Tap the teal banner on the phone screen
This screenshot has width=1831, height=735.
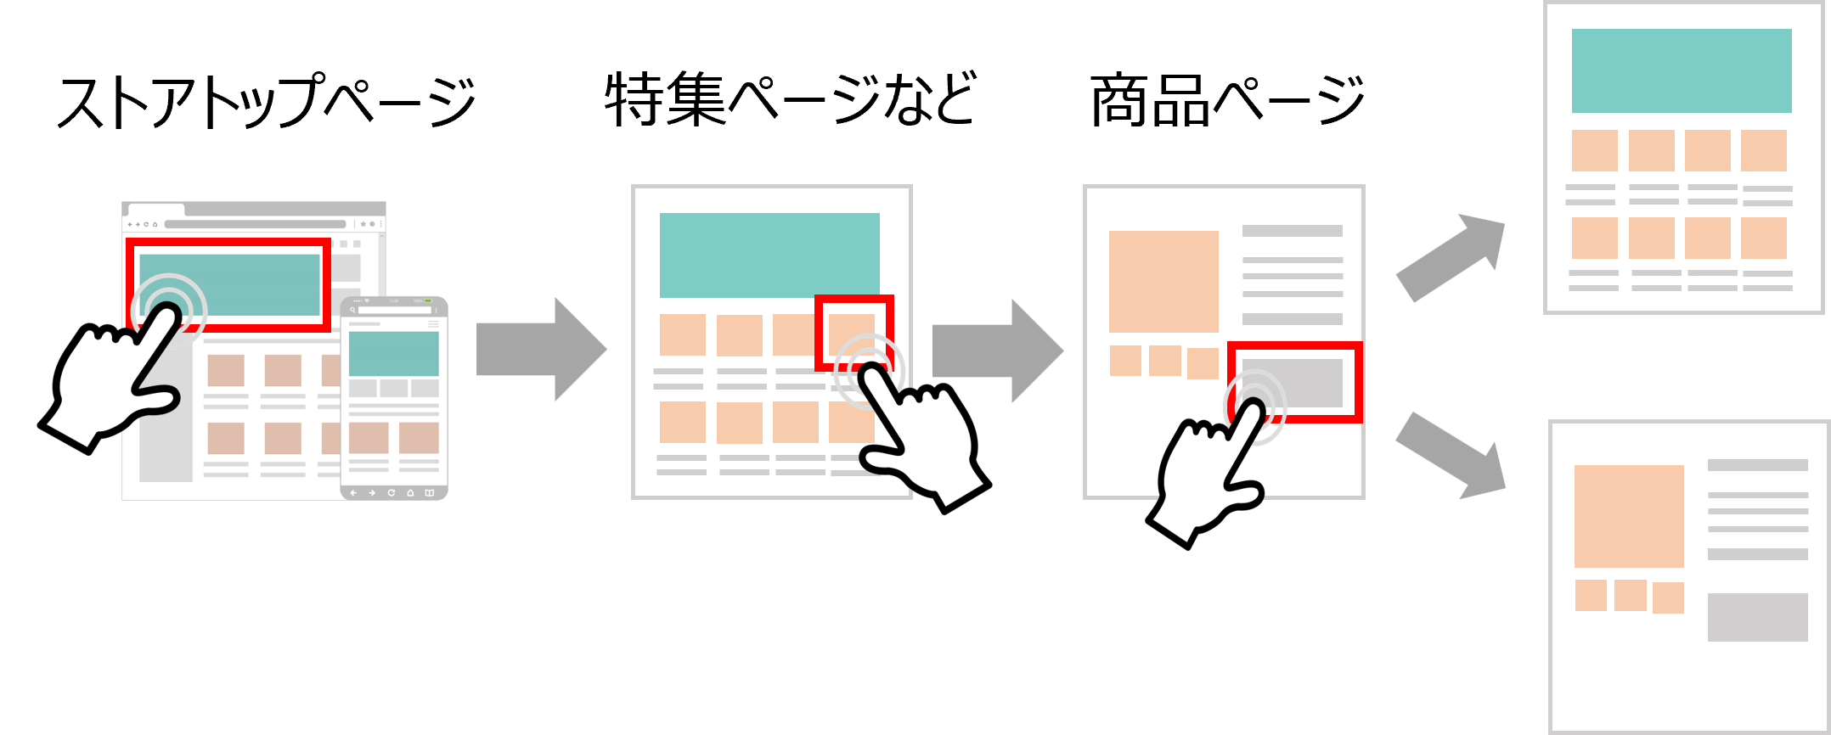coord(394,353)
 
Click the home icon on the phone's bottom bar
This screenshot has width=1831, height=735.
coord(410,493)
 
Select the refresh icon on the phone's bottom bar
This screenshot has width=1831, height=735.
coord(392,493)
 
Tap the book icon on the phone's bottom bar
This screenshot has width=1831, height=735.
coord(430,493)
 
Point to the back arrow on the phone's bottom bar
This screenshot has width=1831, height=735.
coord(353,493)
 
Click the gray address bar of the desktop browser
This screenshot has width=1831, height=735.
coord(255,225)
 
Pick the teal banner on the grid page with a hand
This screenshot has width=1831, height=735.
coord(769,255)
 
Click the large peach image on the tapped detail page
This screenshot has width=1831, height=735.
coord(1163,281)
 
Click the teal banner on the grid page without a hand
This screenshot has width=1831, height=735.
coord(1682,70)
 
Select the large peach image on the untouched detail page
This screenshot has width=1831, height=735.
coord(1629,516)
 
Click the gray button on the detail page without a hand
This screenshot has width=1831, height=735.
coord(1757,617)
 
